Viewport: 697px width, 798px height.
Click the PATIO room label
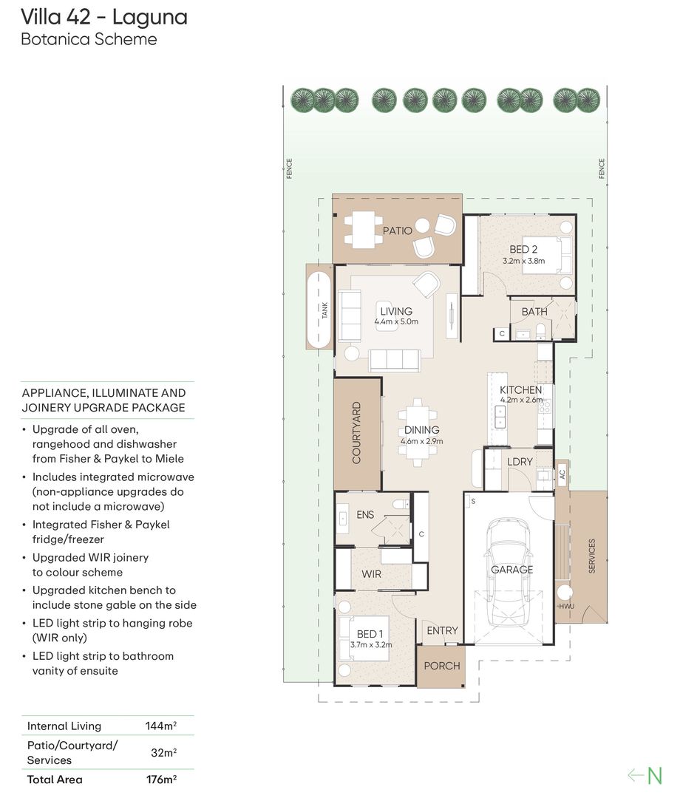pyautogui.click(x=397, y=231)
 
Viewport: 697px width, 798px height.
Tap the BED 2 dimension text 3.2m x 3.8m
pyautogui.click(x=523, y=261)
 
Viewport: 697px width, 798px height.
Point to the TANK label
pyautogui.click(x=324, y=310)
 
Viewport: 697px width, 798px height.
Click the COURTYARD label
pyautogui.click(x=356, y=432)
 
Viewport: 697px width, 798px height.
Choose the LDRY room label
pyautogui.click(x=520, y=462)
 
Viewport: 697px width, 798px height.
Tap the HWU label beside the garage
pyautogui.click(x=566, y=606)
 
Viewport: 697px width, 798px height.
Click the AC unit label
pyautogui.click(x=562, y=474)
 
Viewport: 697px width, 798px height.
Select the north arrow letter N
pyautogui.click(x=655, y=776)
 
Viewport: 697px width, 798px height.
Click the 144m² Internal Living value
pyautogui.click(x=161, y=726)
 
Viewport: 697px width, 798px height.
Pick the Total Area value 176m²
pyautogui.click(x=161, y=780)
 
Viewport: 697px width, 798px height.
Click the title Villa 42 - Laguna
pyautogui.click(x=104, y=17)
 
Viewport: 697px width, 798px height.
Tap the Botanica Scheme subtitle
pyautogui.click(x=89, y=39)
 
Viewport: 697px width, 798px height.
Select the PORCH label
pyautogui.click(x=442, y=666)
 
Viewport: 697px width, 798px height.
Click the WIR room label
pyautogui.click(x=371, y=574)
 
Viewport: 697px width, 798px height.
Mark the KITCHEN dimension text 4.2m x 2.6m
pyautogui.click(x=522, y=400)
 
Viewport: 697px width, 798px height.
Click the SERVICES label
pyautogui.click(x=591, y=556)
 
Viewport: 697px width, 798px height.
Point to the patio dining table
pyautogui.click(x=364, y=230)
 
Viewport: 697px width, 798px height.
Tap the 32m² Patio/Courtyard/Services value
pyautogui.click(x=163, y=752)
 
